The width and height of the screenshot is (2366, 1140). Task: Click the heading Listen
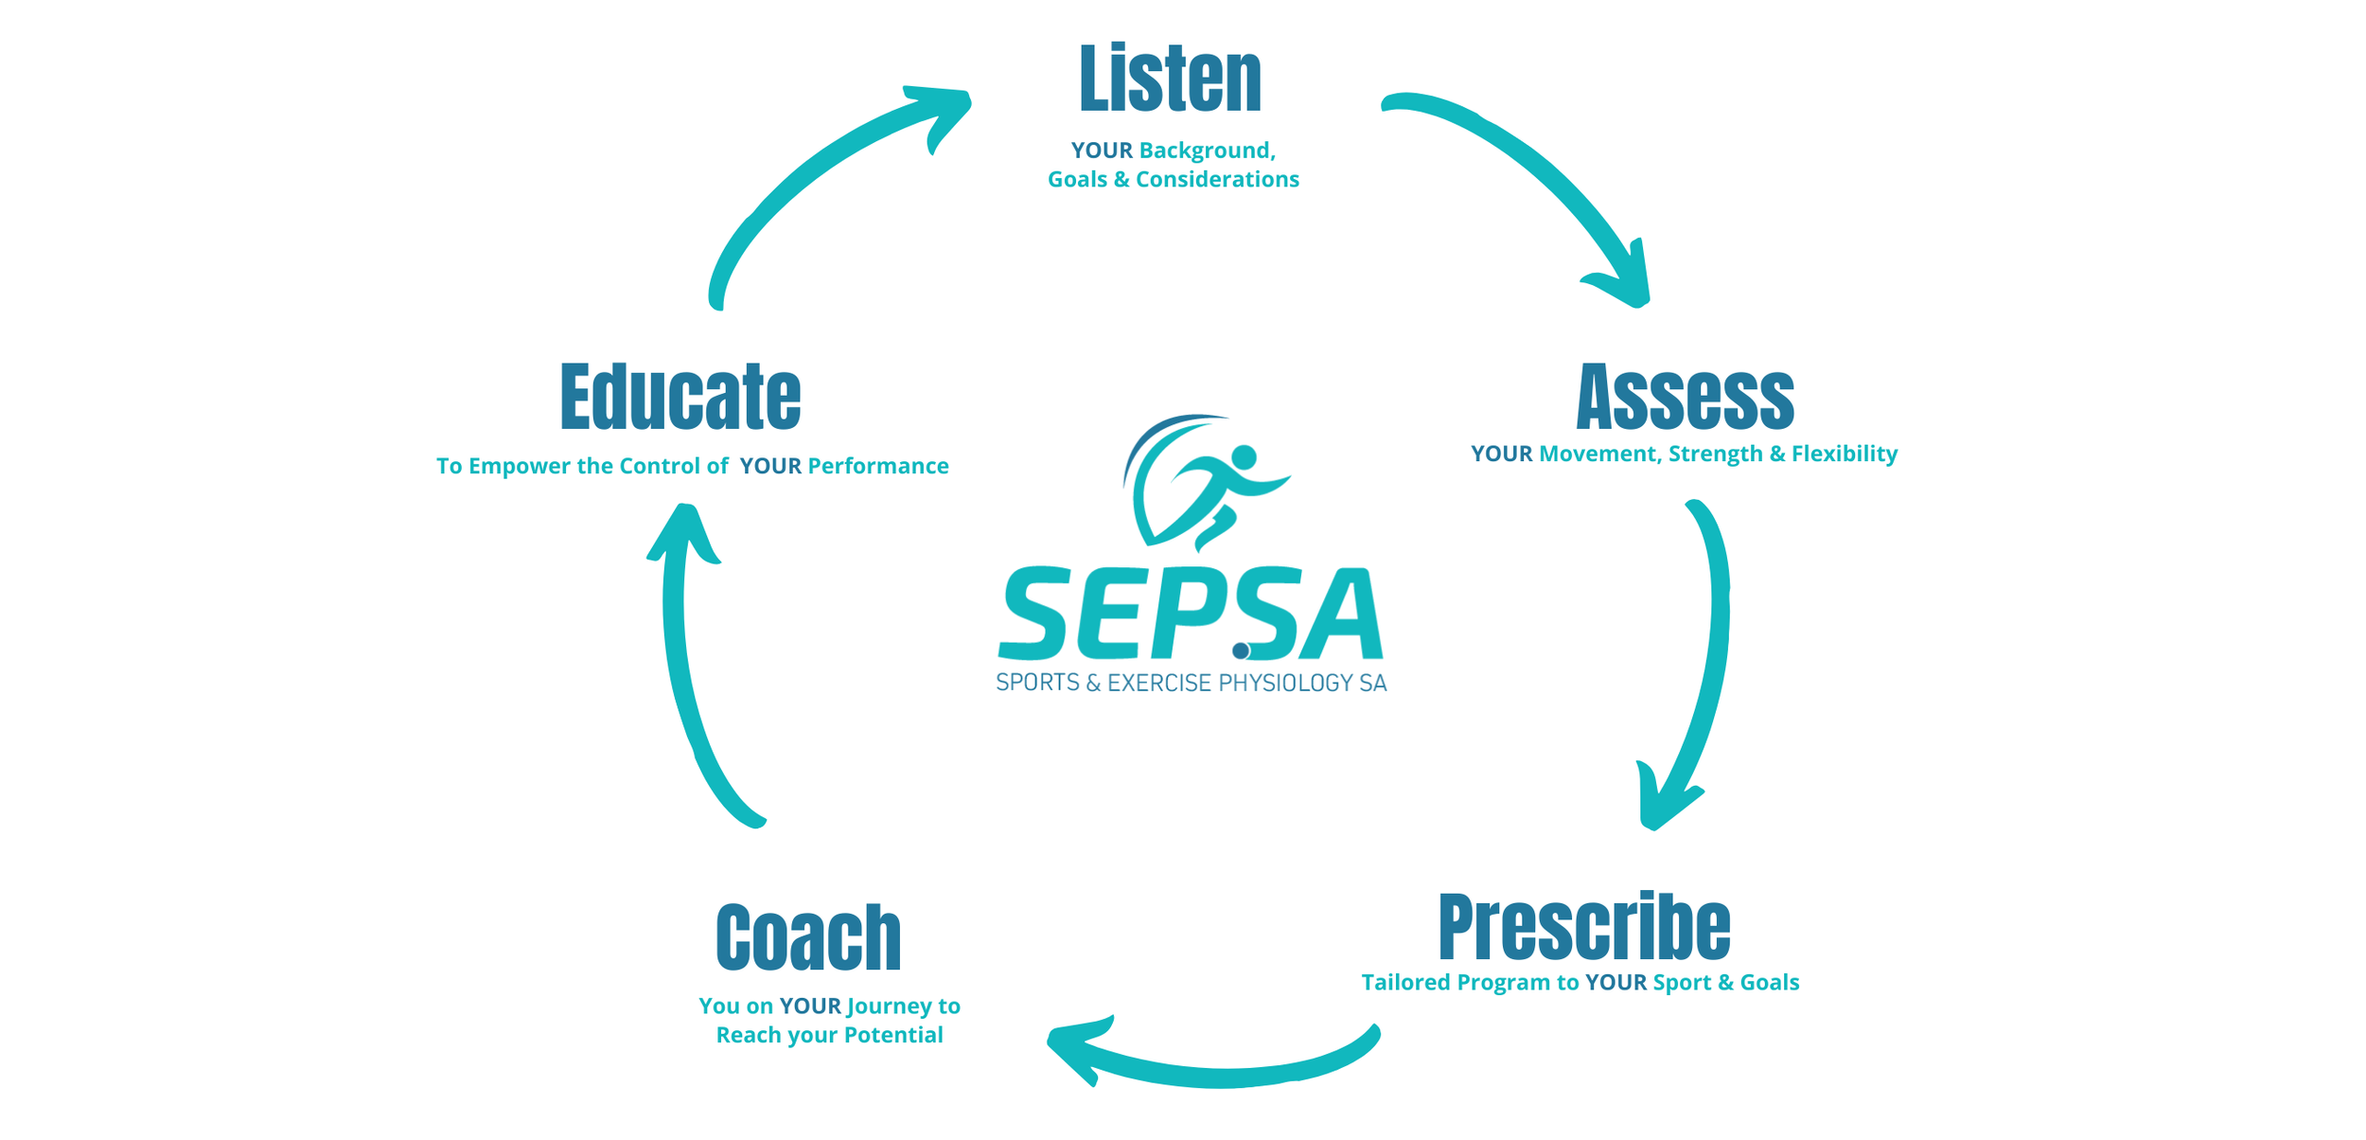pos(1170,80)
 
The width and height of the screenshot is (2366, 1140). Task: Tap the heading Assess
pos(1685,398)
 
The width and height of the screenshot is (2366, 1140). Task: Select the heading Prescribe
pos(1583,927)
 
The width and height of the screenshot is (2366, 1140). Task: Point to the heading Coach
pos(808,938)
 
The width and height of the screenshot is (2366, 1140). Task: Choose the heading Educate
pos(680,398)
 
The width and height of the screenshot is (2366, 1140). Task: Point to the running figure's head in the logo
pos(1244,457)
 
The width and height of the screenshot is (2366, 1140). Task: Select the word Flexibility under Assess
pos(1844,454)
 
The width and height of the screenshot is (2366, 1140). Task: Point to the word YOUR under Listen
pos(1102,151)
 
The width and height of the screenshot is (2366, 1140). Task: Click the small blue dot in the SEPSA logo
pos(1241,650)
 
